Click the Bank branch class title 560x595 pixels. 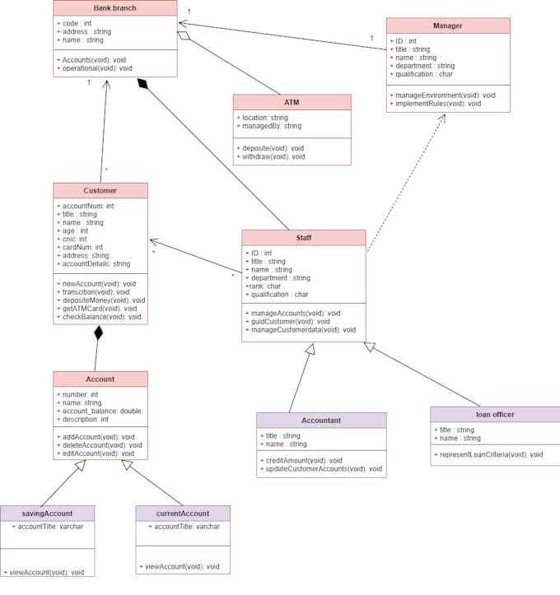coord(114,8)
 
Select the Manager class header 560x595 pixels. coord(447,26)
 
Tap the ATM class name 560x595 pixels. coord(292,102)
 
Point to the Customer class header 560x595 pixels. coord(100,191)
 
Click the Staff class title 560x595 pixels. coord(303,238)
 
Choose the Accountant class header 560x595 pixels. coord(320,421)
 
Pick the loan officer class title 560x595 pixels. coord(495,414)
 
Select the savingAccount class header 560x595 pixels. coord(47,514)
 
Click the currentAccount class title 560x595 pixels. coord(182,514)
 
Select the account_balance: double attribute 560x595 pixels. coord(99,411)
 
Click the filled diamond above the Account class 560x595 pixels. coord(99,333)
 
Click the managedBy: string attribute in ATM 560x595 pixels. coord(268,126)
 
